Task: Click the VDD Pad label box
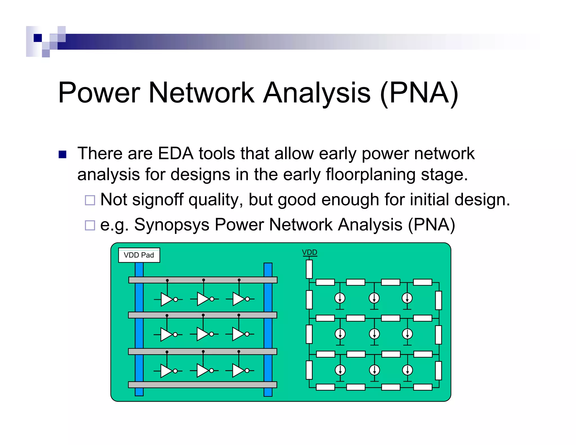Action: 139,255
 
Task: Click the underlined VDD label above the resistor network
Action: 309,252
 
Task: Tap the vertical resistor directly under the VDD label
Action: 309,269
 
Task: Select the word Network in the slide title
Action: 201,93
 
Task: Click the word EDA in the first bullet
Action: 175,154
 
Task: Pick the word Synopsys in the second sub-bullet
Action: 172,225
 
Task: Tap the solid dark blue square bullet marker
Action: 62,154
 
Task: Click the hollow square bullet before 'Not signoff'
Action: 90,200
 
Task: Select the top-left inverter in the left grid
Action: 167,299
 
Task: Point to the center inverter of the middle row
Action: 203,334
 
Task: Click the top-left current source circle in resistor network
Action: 340,298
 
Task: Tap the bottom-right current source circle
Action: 407,370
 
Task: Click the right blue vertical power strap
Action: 268,329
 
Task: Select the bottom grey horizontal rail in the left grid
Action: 202,385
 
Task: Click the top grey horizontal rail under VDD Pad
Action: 202,280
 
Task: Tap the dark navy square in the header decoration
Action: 38,38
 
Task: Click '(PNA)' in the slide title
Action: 419,93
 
